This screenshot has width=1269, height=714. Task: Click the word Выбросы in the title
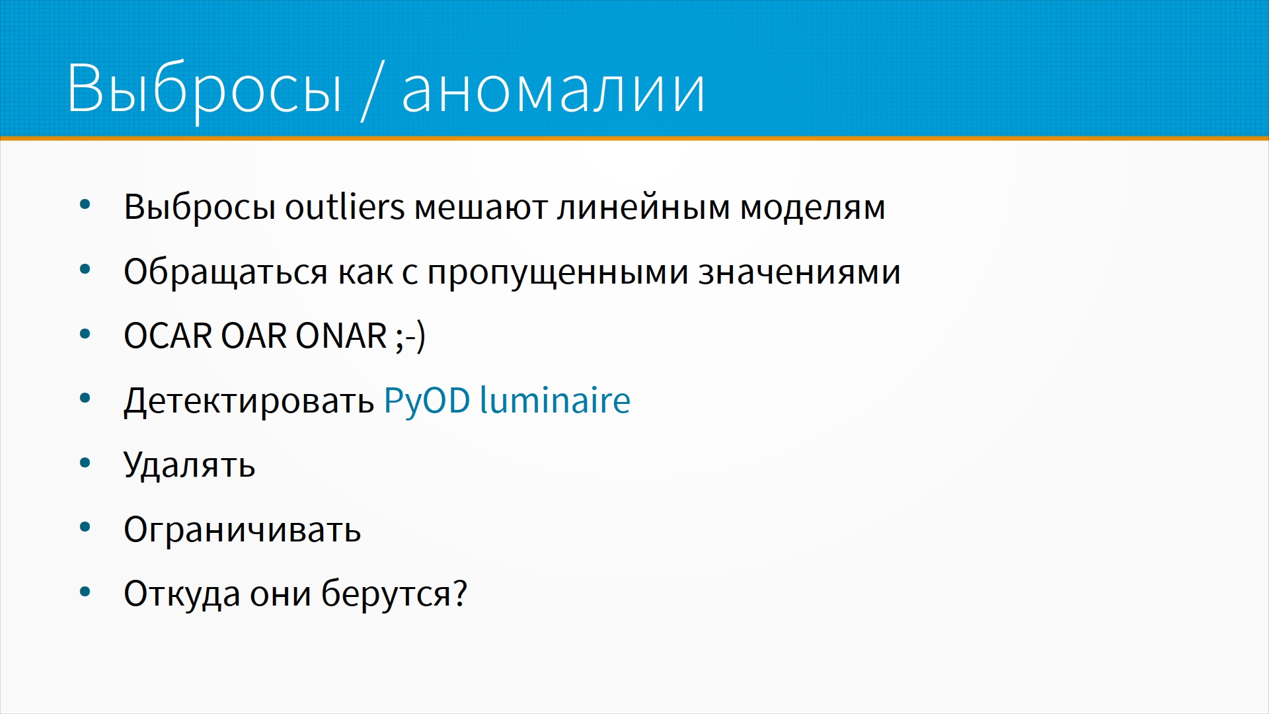pyautogui.click(x=204, y=90)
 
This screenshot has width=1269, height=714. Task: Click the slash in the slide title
pyautogui.click(x=373, y=90)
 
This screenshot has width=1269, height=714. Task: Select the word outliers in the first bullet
pyautogui.click(x=344, y=207)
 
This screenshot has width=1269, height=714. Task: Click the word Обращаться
pyautogui.click(x=225, y=272)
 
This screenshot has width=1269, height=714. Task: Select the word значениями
pyautogui.click(x=800, y=272)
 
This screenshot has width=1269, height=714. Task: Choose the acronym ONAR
pyautogui.click(x=341, y=336)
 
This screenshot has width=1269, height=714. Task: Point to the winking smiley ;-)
pyautogui.click(x=410, y=337)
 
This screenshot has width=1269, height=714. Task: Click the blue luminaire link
pyautogui.click(x=555, y=400)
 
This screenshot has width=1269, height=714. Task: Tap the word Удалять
pyautogui.click(x=190, y=465)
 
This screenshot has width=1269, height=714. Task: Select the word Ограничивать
pyautogui.click(x=243, y=530)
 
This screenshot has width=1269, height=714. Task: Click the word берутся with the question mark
pyautogui.click(x=394, y=593)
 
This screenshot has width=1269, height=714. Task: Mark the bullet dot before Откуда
pyautogui.click(x=85, y=592)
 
